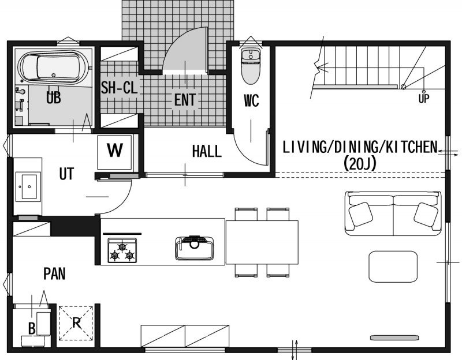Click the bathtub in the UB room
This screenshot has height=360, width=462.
coord(53,67)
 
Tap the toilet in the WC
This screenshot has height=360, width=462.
coord(251,66)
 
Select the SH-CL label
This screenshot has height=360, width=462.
coord(120,87)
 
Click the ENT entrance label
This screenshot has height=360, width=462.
coord(185,99)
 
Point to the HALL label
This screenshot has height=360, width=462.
coord(207,151)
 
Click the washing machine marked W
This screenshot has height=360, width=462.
coord(114,152)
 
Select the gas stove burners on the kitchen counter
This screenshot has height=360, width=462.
coord(122,250)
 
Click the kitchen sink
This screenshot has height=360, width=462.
coord(195,248)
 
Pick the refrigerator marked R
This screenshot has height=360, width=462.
coord(76,323)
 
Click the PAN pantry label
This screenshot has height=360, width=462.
coord(54,273)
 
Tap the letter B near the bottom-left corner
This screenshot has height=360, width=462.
coord(32,328)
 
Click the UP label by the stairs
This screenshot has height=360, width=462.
coord(424,99)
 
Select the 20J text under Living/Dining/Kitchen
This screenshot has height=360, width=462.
coord(360,164)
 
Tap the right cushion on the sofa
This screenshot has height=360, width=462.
coord(426,214)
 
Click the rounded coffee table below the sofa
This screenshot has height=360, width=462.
coord(393,267)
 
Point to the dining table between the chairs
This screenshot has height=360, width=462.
coord(262,242)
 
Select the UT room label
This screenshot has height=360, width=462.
coord(66,174)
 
